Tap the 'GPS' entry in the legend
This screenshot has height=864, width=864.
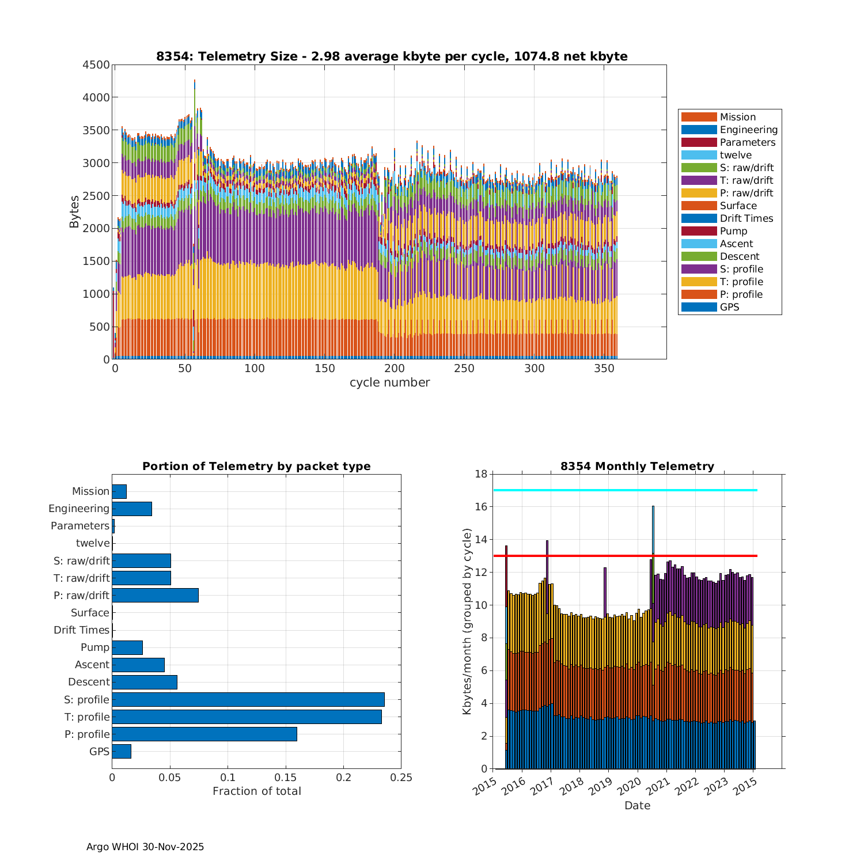coord(729,307)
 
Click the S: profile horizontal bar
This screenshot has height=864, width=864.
coord(248,699)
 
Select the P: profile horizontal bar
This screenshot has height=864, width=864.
coord(204,734)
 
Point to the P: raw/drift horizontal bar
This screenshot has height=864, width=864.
coord(155,595)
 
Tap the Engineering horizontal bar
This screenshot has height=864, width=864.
coord(132,509)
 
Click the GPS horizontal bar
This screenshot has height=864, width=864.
coord(122,751)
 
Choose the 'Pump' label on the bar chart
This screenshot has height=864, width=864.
coord(95,647)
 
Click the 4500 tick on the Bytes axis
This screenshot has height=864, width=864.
coord(96,65)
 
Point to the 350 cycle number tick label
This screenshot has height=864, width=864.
coord(604,369)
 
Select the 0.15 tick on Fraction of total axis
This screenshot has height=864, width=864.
coord(286,778)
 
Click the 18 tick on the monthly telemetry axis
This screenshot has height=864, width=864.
coord(481,474)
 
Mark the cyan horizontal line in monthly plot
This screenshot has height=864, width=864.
coord(625,490)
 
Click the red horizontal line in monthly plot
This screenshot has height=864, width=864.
coord(625,556)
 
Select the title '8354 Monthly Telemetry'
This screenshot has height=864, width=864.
coord(637,467)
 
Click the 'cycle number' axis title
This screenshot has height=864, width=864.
coord(390,382)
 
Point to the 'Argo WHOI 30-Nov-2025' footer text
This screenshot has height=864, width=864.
coord(145,847)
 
